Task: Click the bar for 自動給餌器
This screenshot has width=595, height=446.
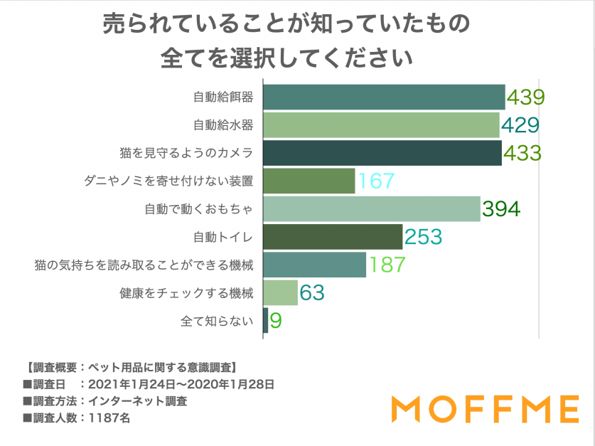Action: (x=384, y=97)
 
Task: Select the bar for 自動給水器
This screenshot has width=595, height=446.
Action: (x=381, y=125)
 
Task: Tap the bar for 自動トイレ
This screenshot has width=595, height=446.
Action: (x=333, y=236)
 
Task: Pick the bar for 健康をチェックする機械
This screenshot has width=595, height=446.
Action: (x=280, y=292)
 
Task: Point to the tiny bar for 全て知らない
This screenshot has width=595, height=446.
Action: (x=265, y=320)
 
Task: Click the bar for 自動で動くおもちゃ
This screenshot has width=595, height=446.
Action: (x=371, y=208)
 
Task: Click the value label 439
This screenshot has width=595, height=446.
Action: (x=525, y=97)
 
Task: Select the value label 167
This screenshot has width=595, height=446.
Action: (x=375, y=181)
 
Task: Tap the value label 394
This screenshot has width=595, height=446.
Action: (x=501, y=209)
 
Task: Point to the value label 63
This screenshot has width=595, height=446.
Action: (x=312, y=292)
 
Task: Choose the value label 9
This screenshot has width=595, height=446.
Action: (x=276, y=321)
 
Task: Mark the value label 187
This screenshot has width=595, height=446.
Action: (x=386, y=265)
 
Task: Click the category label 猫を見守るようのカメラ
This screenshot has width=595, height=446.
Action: (x=186, y=153)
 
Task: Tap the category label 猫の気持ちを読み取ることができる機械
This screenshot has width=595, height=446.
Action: (x=144, y=265)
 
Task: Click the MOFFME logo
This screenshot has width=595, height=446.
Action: (x=486, y=409)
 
